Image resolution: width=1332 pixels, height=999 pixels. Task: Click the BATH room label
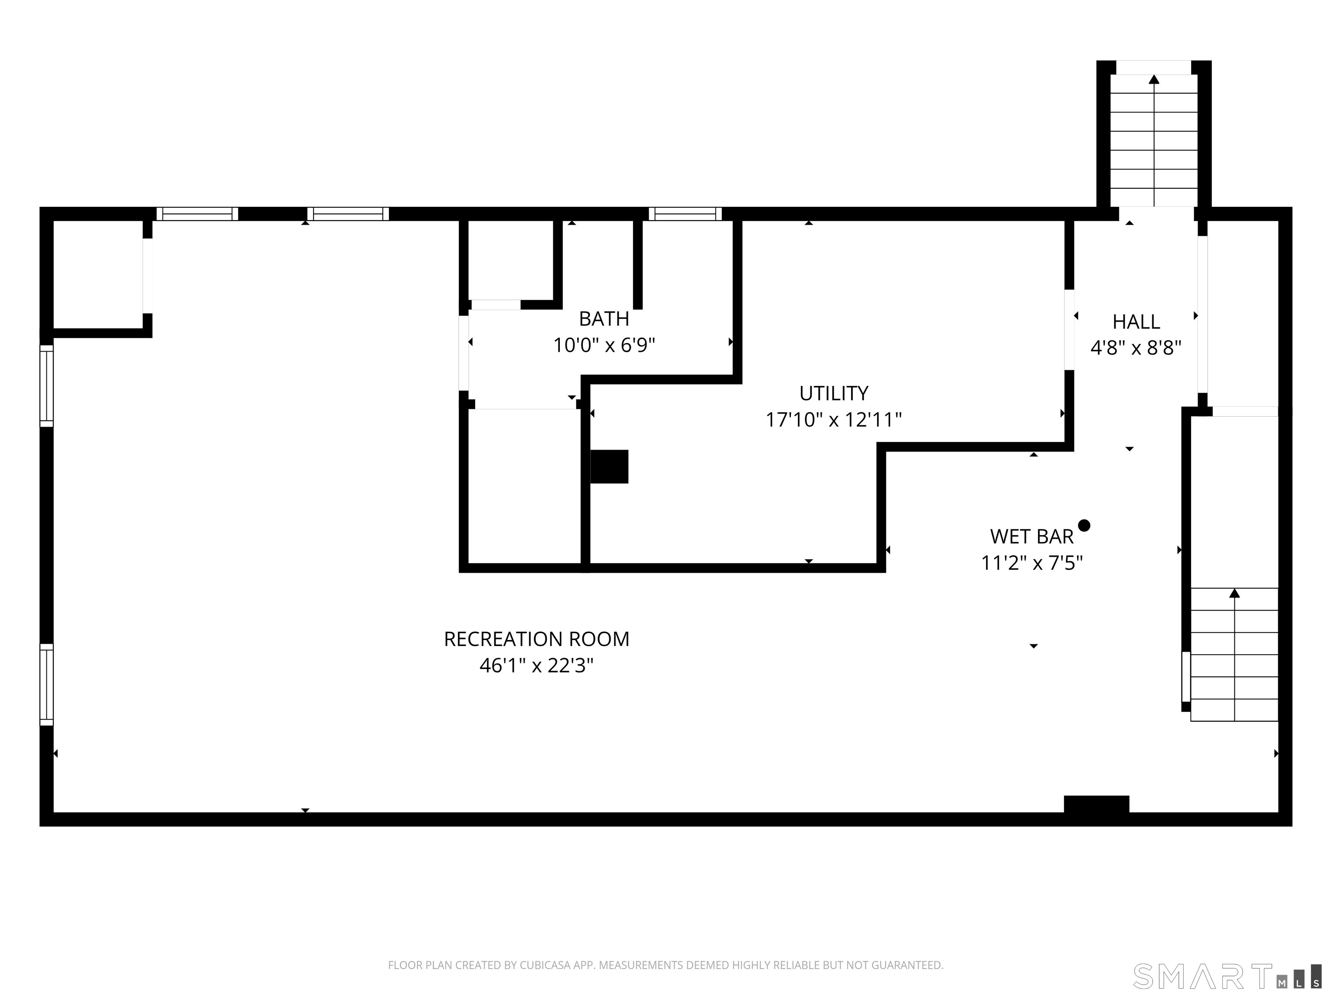click(x=604, y=319)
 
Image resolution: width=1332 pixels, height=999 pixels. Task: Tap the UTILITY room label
click(x=834, y=393)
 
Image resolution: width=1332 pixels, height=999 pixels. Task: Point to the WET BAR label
click(x=1032, y=536)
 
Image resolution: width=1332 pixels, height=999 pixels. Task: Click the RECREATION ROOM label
click(x=536, y=639)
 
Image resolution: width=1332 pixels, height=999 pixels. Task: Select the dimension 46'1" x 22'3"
click(x=536, y=666)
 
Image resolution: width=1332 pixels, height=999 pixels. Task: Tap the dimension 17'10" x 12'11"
click(x=834, y=419)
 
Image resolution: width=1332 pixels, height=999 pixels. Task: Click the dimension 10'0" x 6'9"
click(x=604, y=345)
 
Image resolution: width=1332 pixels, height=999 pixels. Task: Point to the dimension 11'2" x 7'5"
click(x=1032, y=563)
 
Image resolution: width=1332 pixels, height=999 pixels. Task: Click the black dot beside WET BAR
click(x=1084, y=526)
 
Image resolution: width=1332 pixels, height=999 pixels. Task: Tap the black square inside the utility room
click(x=609, y=467)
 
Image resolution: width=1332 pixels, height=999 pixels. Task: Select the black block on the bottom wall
click(x=1097, y=804)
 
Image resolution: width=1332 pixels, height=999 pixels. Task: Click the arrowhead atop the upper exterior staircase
click(x=1154, y=79)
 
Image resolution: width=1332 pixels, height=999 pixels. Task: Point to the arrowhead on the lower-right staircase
click(x=1234, y=593)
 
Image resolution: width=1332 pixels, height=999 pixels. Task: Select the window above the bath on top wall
click(x=685, y=214)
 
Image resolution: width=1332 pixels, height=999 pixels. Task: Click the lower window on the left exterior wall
click(x=46, y=685)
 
